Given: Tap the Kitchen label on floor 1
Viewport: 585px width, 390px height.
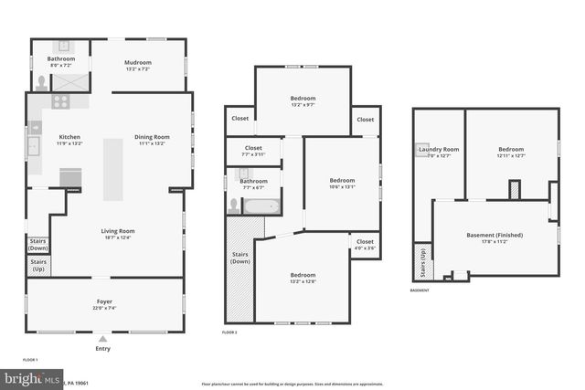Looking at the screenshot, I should pos(70,140).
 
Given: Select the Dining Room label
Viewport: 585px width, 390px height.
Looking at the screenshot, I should pos(152,140).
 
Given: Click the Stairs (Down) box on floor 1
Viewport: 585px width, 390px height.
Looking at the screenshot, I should pos(38,245).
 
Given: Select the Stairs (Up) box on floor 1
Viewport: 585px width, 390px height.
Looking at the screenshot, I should pos(38,266).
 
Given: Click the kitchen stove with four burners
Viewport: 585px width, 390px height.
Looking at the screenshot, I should pos(61,102).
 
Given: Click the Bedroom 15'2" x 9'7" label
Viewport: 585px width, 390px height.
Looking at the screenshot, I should pos(303,100).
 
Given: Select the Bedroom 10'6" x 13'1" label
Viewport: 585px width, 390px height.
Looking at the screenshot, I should pos(341,183).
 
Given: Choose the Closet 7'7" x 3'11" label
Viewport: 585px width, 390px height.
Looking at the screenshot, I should pos(253,151).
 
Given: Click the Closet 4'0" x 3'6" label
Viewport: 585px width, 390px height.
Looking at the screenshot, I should pos(365,244).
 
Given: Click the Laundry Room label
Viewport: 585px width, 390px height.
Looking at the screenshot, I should pos(439,152).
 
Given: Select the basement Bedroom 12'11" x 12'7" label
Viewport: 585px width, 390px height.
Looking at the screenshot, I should pos(511,152).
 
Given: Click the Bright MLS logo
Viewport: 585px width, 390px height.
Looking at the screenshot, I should pos(32,377).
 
